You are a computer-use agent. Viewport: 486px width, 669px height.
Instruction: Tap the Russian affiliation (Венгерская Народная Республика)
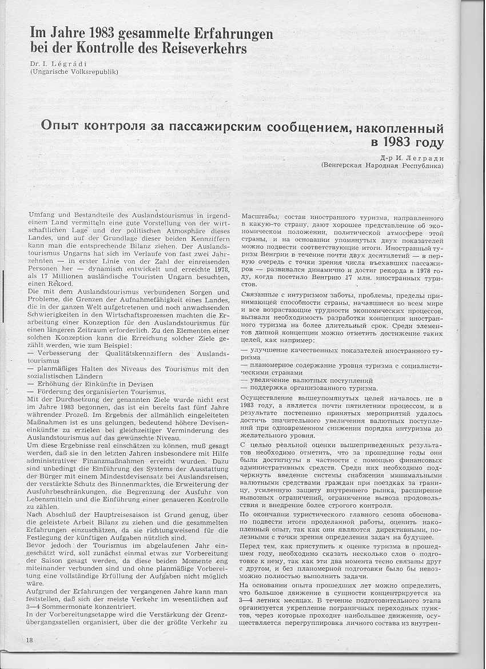[382, 166]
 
